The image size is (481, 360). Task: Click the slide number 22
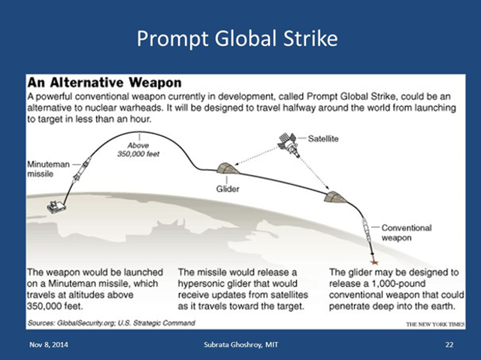[449, 343]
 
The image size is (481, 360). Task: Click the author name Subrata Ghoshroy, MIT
[241, 343]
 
